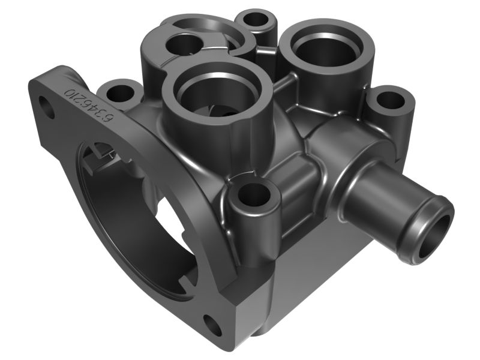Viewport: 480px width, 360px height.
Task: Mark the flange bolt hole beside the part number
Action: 47,110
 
